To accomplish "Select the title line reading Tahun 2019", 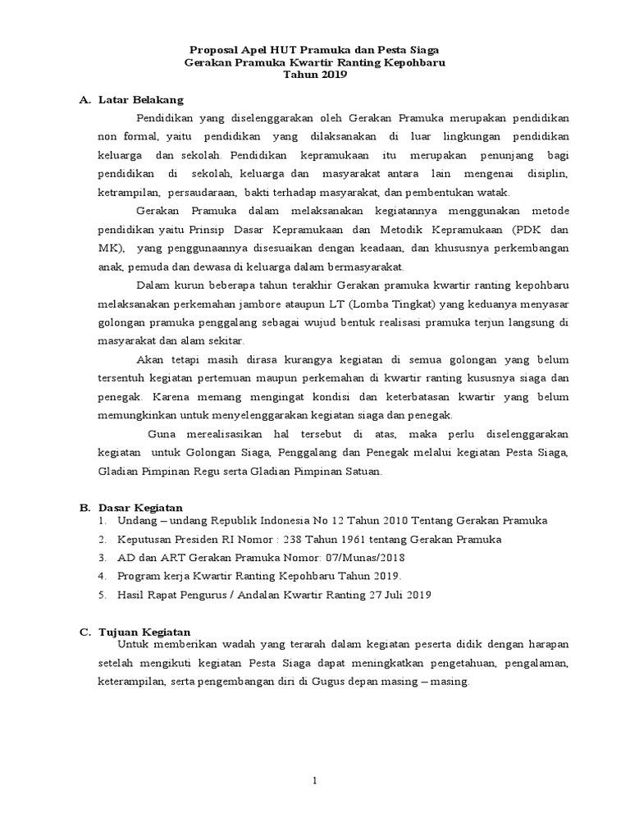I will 315,75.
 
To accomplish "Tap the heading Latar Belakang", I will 132,100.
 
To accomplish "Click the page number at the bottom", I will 315,780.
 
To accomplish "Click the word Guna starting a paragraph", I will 162,435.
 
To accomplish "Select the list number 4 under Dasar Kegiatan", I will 102,576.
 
